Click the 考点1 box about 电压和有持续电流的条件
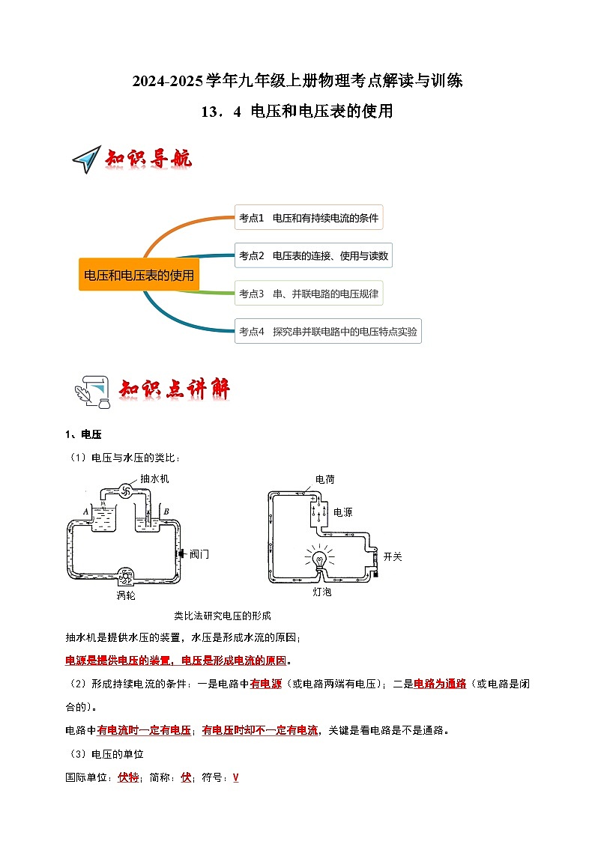coord(309,218)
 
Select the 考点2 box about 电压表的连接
coord(313,255)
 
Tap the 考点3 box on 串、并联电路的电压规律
coord(308,293)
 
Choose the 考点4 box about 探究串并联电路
coord(327,330)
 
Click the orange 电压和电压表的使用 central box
coord(139,276)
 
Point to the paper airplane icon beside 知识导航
coord(86,160)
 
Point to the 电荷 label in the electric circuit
coord(324,479)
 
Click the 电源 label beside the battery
coord(342,513)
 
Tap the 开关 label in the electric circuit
coord(393,556)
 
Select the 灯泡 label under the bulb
coord(321,592)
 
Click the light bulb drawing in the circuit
coord(318,559)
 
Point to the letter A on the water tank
coord(87,511)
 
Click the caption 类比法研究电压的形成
coord(222,616)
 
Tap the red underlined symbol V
coord(235,777)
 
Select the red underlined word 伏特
coord(128,777)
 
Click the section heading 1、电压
coord(83,435)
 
